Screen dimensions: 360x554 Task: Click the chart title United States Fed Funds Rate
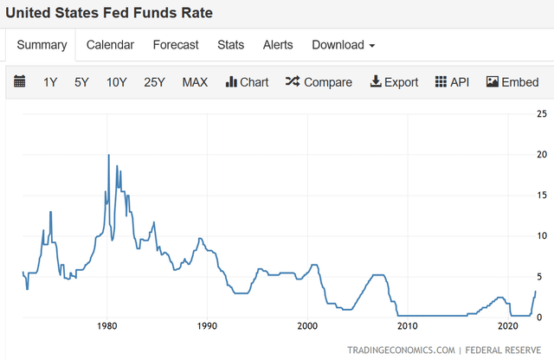pos(110,13)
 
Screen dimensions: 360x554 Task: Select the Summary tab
pos(42,45)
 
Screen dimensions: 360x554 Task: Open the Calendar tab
pos(110,45)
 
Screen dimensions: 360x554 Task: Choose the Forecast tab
pos(176,45)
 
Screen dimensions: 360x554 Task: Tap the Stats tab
pos(230,45)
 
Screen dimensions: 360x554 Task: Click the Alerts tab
pos(278,45)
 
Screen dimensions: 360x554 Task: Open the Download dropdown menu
pos(343,45)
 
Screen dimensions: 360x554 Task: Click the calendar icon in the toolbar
pos(20,82)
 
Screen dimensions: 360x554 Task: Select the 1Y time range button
pos(50,82)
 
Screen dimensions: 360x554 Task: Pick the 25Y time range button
pos(154,82)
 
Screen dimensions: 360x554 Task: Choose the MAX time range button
pos(195,82)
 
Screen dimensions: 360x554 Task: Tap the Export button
pos(394,82)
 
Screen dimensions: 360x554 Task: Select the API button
pos(451,82)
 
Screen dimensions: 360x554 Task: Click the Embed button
pos(512,82)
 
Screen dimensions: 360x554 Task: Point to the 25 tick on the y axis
pos(541,114)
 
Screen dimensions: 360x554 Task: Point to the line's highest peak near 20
pos(108,155)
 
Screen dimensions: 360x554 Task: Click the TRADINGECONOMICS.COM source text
pos(401,350)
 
